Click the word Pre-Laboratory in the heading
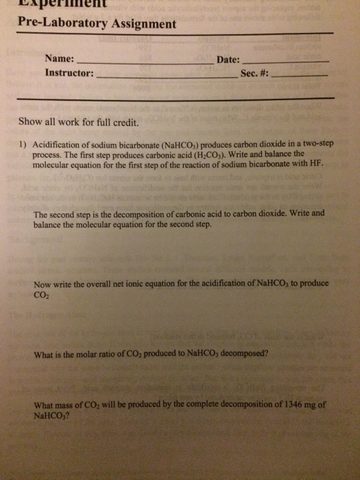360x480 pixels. coord(52,25)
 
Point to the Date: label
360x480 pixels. coord(228,60)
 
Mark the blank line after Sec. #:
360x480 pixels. coord(301,76)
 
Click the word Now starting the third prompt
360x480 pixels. coord(43,284)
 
